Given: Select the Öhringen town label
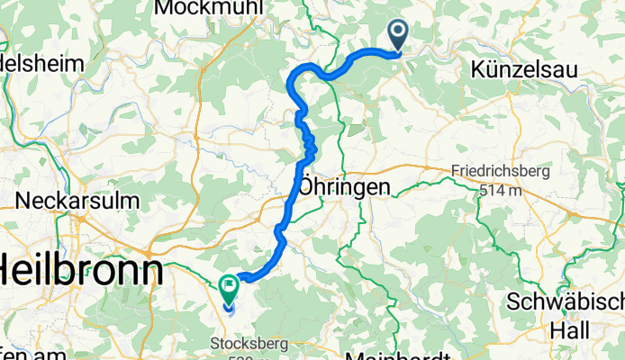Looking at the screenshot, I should click(x=345, y=186).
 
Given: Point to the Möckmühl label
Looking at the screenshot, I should click(x=208, y=8).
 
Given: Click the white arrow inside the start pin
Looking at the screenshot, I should click(x=398, y=33).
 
